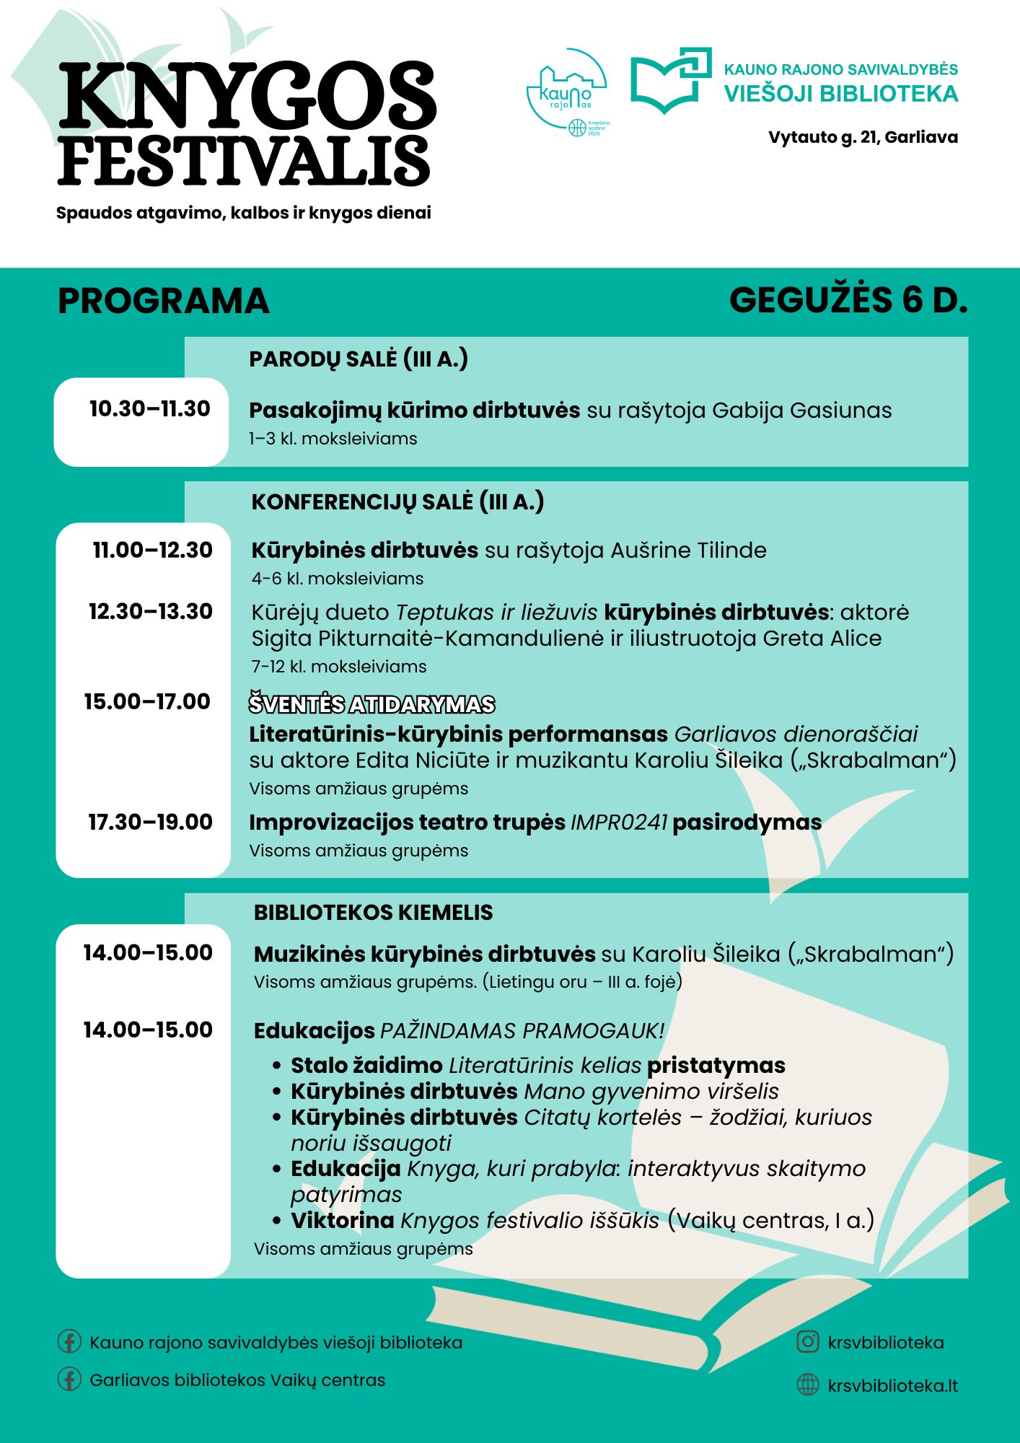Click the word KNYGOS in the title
coord(247,95)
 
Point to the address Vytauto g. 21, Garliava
coord(863,137)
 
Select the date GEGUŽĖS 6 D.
coord(848,300)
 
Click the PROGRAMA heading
coord(163,301)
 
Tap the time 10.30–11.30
coord(149,409)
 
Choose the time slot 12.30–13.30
coord(150,612)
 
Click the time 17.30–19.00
coord(150,822)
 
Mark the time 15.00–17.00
coord(147,701)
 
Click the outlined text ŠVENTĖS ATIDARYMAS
coord(371,704)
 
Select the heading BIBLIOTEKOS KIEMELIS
coord(373,913)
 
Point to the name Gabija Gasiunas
coord(801,411)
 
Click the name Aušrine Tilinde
coord(688,551)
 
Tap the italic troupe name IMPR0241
coord(619,823)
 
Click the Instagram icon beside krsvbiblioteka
coord(807,1342)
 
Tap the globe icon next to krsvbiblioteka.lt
coord(807,1385)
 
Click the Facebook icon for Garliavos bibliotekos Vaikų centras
coord(69,1380)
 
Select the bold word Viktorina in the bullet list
coord(343,1220)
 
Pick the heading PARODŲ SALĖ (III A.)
coord(359,359)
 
